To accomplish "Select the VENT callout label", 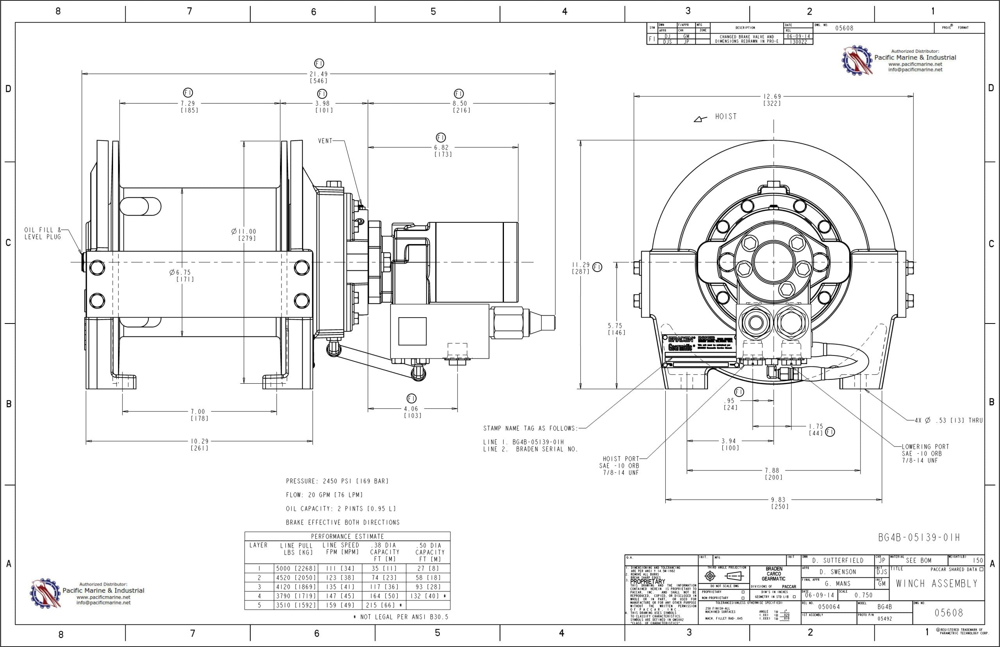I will point(325,141).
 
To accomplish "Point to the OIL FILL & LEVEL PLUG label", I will point(43,233).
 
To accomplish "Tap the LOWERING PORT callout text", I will point(925,453).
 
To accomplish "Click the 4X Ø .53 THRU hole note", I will point(948,420).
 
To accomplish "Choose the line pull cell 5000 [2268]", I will point(296,568).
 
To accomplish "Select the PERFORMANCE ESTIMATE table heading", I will point(347,536).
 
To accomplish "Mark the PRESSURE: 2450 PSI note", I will point(337,481).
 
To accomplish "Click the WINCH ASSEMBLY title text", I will point(937,584).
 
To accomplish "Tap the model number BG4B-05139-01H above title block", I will point(919,537).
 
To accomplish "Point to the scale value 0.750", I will point(863,595).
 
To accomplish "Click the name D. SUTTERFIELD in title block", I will point(837,560).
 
